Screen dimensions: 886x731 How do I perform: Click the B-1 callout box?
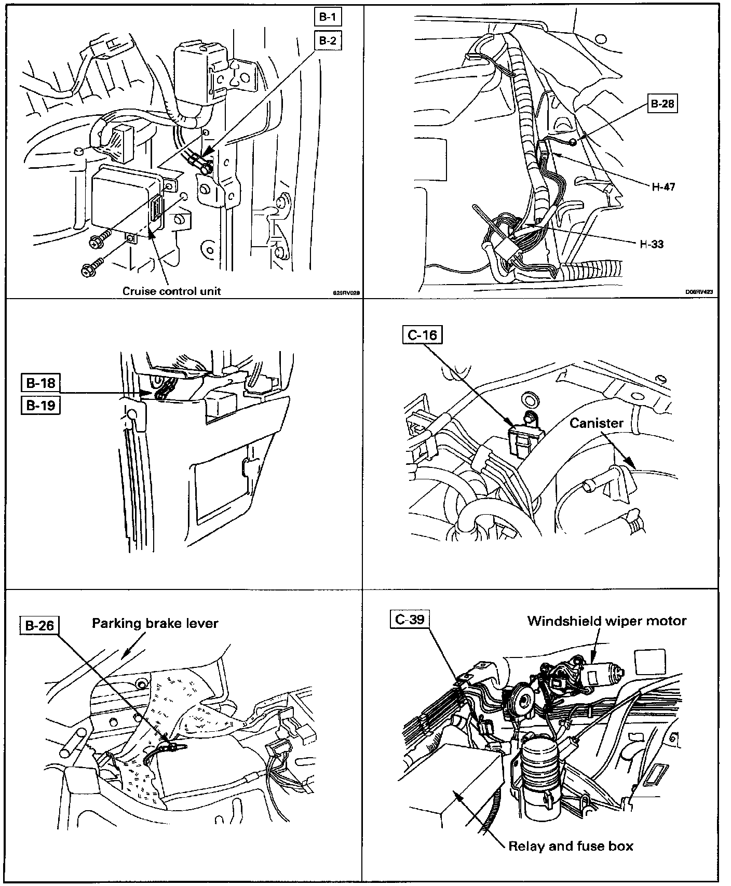tap(328, 18)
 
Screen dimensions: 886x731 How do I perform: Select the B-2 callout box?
tap(328, 41)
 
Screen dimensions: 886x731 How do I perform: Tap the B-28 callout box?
tap(662, 104)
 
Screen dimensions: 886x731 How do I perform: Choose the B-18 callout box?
tap(40, 383)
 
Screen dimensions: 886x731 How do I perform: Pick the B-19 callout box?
tap(40, 405)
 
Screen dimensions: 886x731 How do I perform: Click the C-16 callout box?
tap(422, 335)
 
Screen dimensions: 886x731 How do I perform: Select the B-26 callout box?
tap(39, 626)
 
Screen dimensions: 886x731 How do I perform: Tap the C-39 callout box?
tap(410, 620)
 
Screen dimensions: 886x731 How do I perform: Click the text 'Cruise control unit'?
tap(171, 291)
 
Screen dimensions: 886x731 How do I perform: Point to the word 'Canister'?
tap(596, 423)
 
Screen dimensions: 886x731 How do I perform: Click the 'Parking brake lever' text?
tap(155, 623)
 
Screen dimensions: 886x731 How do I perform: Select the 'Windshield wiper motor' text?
tap(606, 621)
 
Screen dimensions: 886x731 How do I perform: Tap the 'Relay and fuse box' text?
tap(571, 847)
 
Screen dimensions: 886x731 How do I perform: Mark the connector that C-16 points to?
tap(526, 436)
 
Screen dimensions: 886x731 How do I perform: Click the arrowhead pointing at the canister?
tap(630, 462)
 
